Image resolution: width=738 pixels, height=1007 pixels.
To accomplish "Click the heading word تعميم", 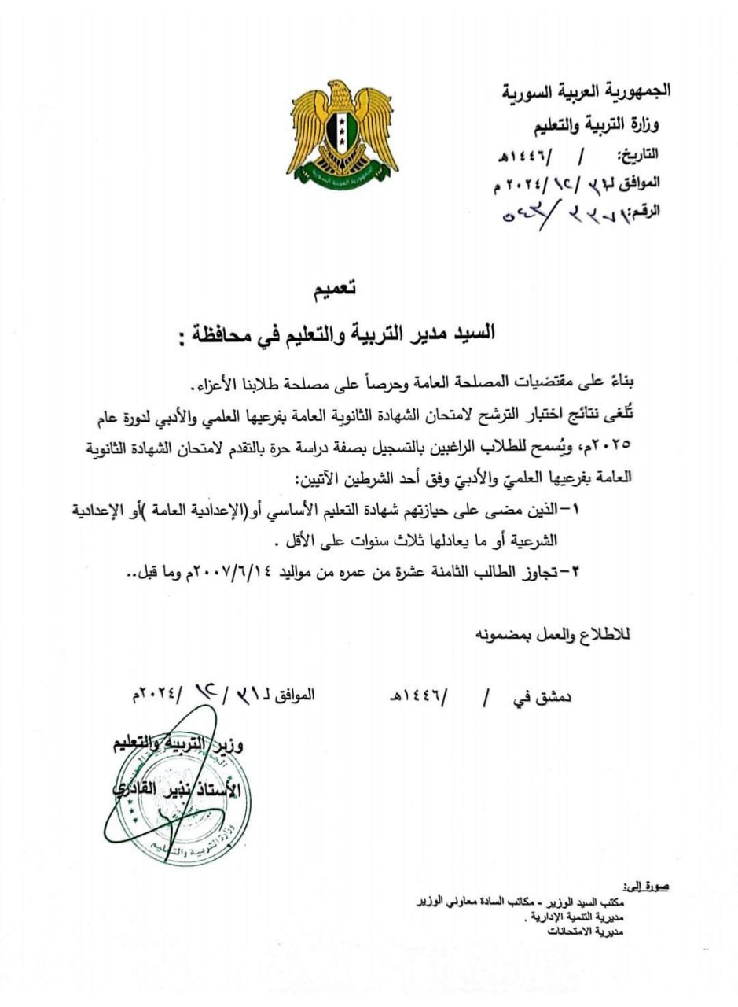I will coord(334,290).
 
